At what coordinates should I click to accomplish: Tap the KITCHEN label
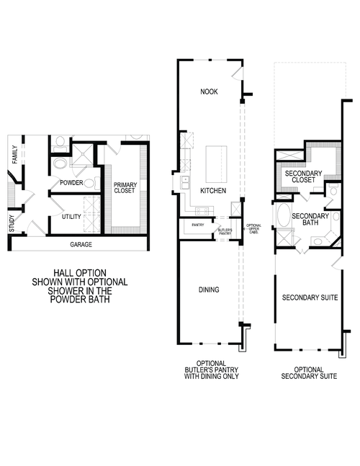213,191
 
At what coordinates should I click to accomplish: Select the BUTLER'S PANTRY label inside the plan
225,230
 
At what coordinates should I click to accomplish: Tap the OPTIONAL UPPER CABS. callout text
254,229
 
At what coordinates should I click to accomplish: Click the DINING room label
208,290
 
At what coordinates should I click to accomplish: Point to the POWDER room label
71,183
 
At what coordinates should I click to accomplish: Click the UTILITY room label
71,216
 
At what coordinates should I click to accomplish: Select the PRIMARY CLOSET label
125,189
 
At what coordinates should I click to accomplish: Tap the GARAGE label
80,244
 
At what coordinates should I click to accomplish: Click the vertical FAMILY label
14,153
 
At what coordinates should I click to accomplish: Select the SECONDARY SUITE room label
310,297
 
